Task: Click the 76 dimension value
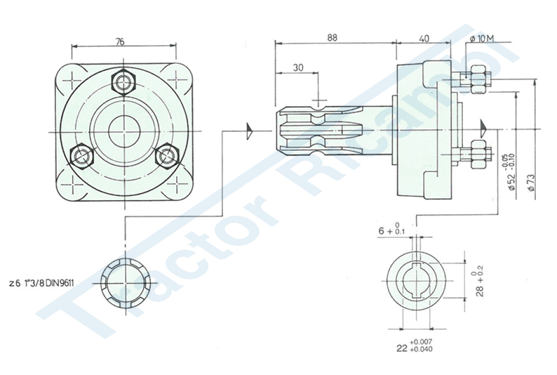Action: [120, 41]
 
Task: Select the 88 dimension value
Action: [332, 38]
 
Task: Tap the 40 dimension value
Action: [424, 39]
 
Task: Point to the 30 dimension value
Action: [299, 67]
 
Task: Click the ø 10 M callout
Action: [482, 39]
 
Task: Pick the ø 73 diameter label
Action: [531, 182]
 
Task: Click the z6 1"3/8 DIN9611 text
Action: [41, 284]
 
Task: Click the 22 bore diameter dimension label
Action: [414, 346]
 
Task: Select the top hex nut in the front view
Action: [123, 82]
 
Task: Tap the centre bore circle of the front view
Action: [124, 132]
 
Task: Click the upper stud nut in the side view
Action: [479, 79]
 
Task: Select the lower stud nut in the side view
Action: [478, 154]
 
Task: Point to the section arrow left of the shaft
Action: [249, 131]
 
